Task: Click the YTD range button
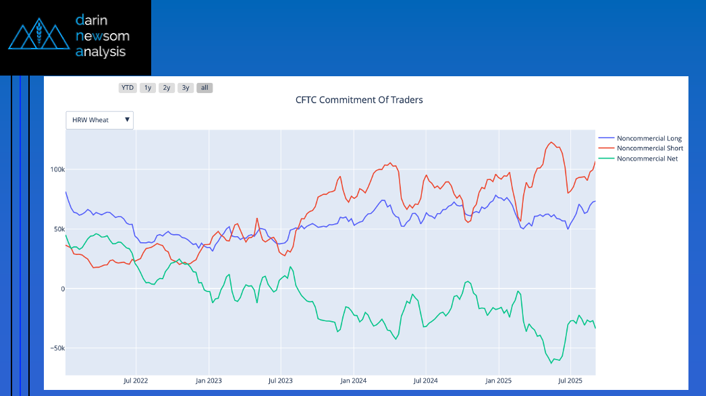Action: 127,88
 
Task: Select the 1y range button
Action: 147,88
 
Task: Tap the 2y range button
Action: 167,88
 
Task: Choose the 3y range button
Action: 186,88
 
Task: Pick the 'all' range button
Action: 205,88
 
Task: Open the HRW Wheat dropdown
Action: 100,120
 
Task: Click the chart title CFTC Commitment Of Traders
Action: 359,100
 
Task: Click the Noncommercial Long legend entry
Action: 649,138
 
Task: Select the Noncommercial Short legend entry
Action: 649,148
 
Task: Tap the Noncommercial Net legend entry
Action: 647,159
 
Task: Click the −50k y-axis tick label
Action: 55,348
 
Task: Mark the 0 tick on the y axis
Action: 62,289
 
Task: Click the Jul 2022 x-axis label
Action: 136,381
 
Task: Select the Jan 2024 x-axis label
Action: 353,381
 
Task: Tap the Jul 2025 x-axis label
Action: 570,381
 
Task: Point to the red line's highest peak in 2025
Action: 551,142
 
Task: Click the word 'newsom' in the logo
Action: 103,36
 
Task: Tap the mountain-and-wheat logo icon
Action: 38,35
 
